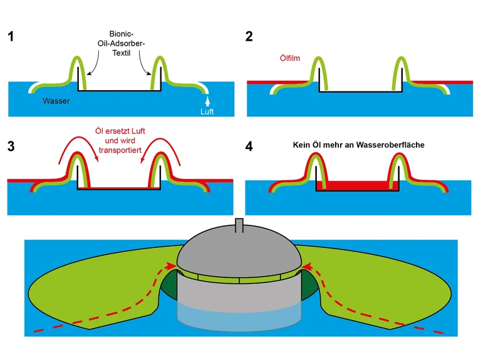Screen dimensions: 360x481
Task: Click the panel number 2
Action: (249, 36)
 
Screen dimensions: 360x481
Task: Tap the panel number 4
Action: (250, 148)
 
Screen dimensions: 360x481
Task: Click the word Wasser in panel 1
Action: (56, 101)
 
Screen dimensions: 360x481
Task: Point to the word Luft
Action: (207, 112)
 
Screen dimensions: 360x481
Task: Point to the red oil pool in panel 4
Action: (354, 186)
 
